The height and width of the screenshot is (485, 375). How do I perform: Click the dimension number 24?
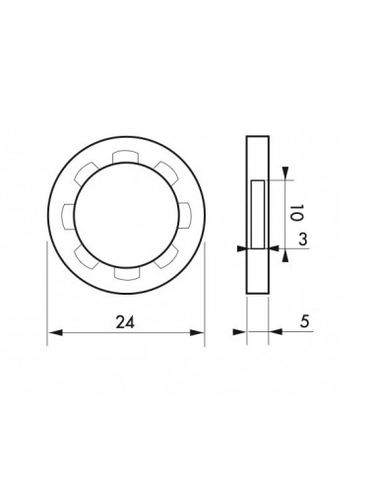click(x=125, y=322)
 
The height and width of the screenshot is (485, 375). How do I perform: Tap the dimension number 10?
click(x=296, y=213)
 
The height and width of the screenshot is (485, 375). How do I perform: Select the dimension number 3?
click(x=303, y=240)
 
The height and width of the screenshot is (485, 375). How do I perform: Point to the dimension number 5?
click(x=305, y=321)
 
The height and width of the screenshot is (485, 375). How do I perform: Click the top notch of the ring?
click(x=125, y=157)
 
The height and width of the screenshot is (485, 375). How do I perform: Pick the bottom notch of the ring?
click(x=127, y=273)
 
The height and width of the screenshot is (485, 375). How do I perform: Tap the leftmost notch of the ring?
click(x=68, y=216)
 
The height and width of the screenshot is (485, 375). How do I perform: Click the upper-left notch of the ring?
click(x=86, y=173)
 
